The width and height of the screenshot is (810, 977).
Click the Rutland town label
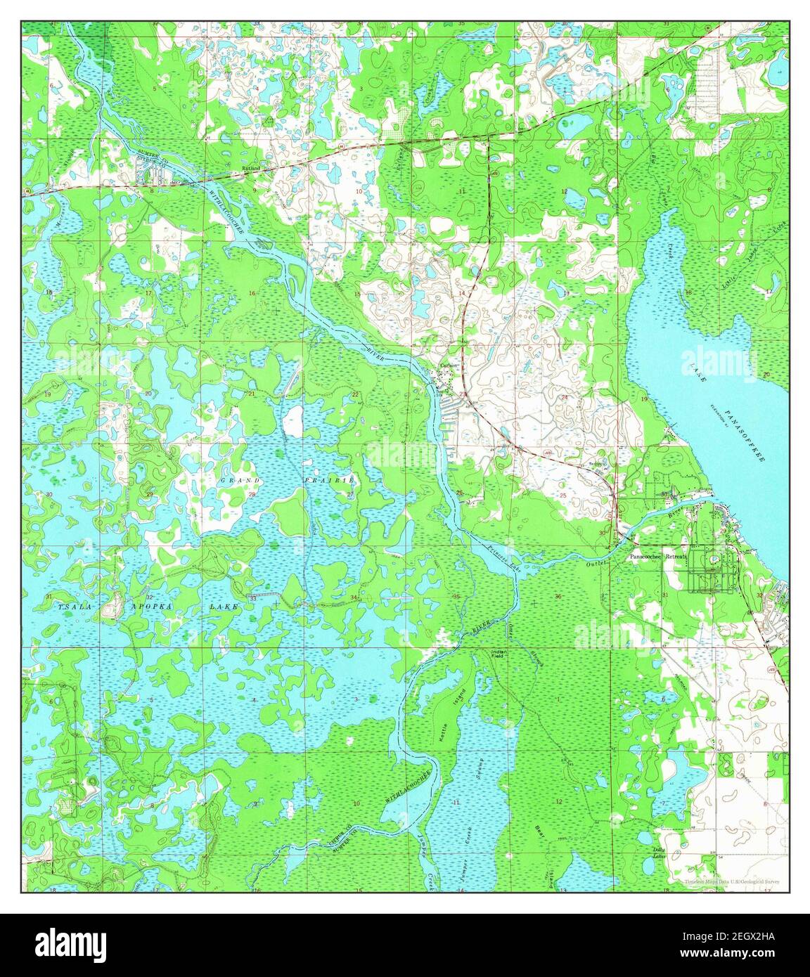pos(251,169)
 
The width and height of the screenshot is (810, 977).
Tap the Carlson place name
pos(449,366)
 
